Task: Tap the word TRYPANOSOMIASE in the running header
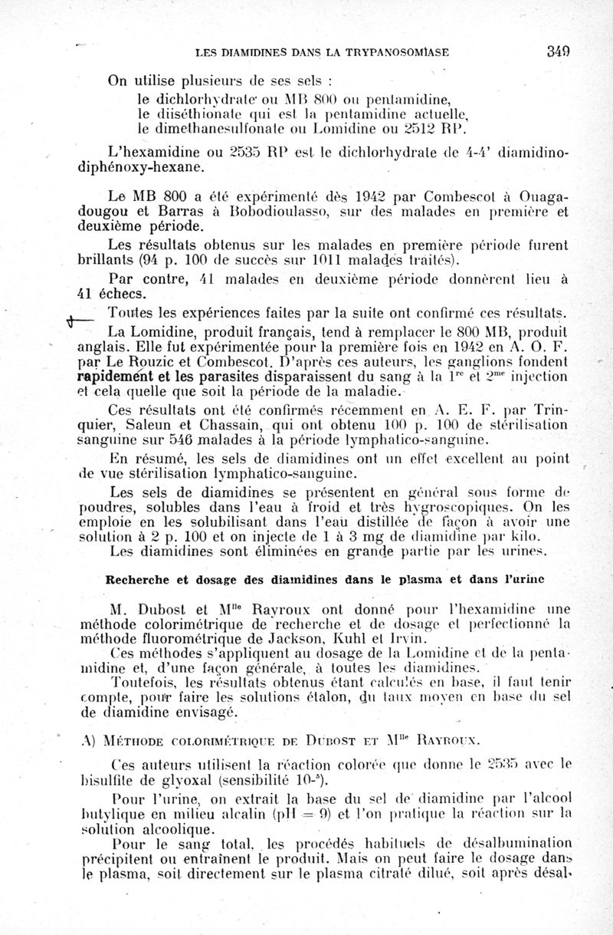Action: coord(396,52)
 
